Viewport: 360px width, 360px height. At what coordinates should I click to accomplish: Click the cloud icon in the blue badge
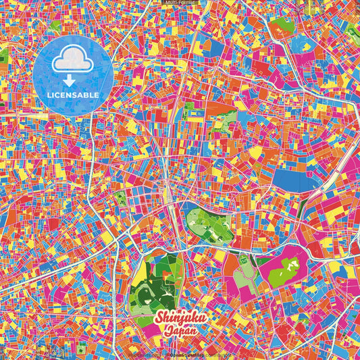click(71, 61)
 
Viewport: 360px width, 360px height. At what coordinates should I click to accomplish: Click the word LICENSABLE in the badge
click(71, 94)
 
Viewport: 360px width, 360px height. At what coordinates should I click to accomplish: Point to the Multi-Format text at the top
click(180, 3)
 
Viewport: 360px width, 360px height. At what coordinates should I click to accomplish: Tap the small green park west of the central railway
click(121, 199)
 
